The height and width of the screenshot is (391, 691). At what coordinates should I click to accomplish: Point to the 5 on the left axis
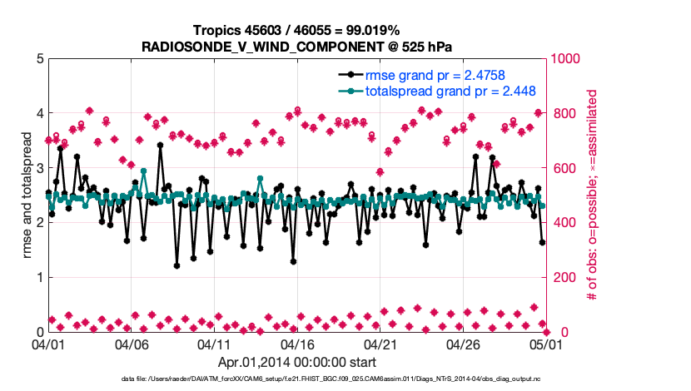[x=39, y=59]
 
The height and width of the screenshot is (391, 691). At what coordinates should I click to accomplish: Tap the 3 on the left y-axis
[x=39, y=168]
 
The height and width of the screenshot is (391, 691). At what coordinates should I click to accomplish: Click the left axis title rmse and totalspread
[x=24, y=195]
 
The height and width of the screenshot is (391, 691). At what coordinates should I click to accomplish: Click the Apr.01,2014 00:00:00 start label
[x=296, y=362]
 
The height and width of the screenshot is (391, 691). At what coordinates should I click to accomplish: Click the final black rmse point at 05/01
[x=542, y=243]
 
